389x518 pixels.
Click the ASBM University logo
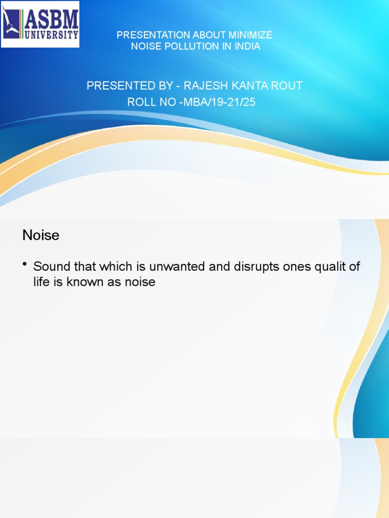click(40, 24)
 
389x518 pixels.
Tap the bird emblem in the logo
click(11, 23)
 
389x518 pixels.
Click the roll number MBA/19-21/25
click(219, 102)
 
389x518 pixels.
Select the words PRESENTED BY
click(130, 85)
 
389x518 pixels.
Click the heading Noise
click(41, 235)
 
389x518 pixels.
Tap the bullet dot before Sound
click(25, 264)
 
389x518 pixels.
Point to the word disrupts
click(256, 267)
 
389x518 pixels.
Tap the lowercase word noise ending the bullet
click(140, 282)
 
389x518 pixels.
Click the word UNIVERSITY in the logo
click(52, 34)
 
